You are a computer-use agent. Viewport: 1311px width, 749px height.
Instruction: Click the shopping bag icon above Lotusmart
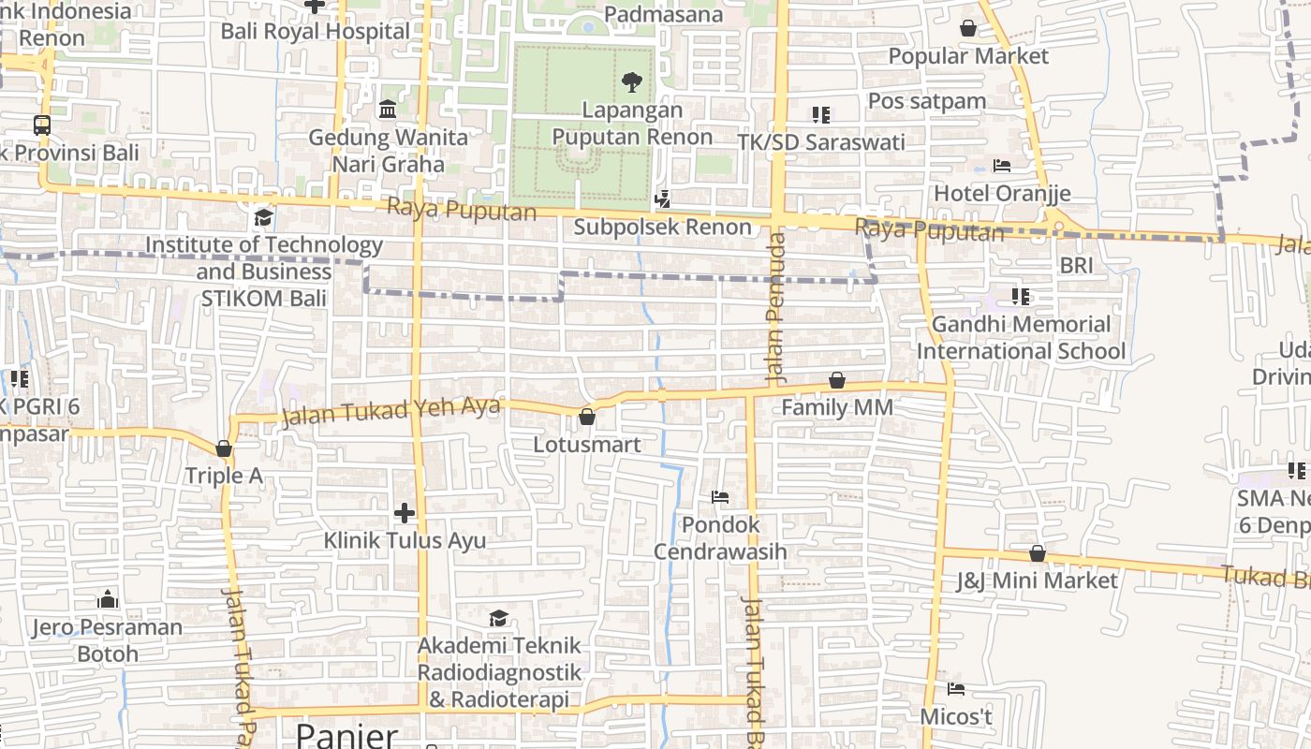tap(587, 417)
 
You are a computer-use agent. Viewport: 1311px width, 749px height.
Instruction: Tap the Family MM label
tap(836, 408)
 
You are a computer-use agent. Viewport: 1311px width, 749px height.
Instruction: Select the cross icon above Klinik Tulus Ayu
tap(405, 513)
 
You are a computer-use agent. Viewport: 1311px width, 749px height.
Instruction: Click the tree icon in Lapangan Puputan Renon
tap(632, 82)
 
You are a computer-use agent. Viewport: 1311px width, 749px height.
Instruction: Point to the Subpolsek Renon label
tap(662, 227)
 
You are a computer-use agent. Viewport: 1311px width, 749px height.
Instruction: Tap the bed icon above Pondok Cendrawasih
tap(720, 497)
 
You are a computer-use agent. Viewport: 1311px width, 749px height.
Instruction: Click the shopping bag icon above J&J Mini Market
tap(1037, 553)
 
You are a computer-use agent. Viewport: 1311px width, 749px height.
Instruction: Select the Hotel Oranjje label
tap(1002, 194)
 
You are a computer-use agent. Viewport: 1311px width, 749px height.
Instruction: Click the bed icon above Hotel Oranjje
tap(1002, 167)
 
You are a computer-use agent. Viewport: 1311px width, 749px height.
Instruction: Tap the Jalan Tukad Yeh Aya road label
tap(391, 411)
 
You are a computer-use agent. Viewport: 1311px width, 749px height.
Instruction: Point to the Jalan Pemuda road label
tap(775, 309)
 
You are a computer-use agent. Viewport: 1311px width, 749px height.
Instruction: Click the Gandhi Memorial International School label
tap(1021, 338)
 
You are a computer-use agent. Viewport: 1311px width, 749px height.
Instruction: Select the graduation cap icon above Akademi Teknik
tap(498, 618)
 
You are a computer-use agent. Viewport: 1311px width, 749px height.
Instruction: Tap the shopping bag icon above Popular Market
tap(968, 29)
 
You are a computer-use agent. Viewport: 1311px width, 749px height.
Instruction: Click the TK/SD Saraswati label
tap(821, 142)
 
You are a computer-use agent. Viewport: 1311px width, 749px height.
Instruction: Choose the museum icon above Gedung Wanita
tap(388, 110)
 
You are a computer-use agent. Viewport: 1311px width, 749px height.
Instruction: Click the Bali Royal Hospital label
tap(316, 31)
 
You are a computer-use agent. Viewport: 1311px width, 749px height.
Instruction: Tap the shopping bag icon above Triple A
tap(224, 449)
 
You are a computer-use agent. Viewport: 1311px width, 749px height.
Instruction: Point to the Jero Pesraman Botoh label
tap(108, 640)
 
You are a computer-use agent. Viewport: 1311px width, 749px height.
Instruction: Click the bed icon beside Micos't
tap(956, 690)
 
